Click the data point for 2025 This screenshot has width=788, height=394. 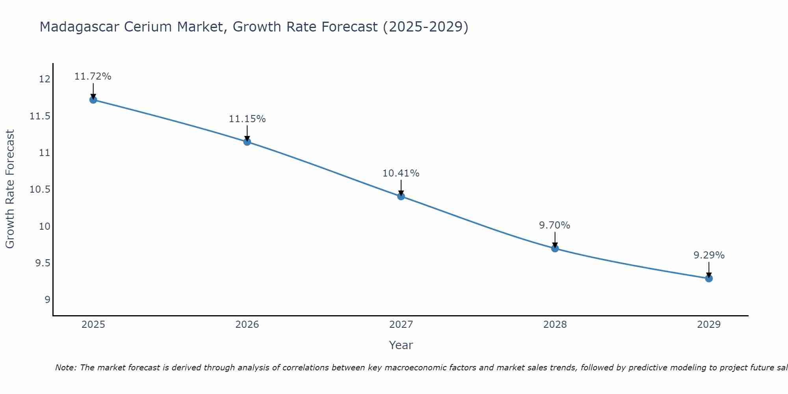93,100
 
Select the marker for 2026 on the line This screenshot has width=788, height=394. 247,142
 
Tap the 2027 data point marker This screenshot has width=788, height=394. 401,196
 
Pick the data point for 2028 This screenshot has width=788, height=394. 555,248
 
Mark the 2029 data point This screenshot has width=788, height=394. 709,279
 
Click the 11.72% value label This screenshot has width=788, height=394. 93,76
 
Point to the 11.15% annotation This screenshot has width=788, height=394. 247,119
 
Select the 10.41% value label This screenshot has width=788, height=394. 401,173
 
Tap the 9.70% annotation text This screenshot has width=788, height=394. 555,225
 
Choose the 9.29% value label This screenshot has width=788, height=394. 709,255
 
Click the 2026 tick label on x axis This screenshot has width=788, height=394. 247,325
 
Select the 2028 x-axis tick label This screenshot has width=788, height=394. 555,325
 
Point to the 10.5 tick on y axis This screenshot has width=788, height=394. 40,190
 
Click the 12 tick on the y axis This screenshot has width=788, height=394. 45,79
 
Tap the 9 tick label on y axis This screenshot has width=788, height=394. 47,300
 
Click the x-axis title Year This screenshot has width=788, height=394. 401,345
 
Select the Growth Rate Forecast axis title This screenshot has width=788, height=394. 10,189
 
